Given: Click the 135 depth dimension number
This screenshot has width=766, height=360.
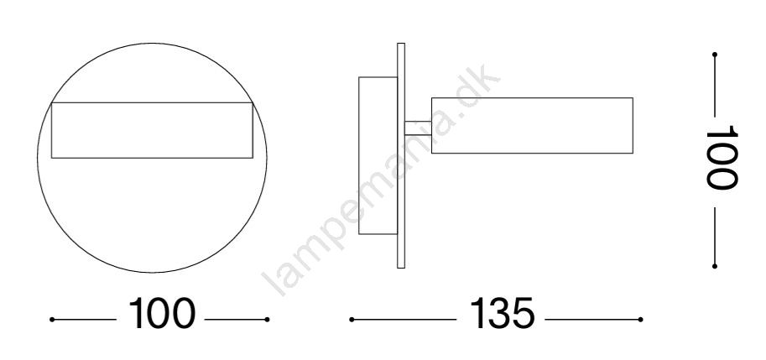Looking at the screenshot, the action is [503, 313].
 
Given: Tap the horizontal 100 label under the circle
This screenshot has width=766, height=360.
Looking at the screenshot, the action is [162, 313].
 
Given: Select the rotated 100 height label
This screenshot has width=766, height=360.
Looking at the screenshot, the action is [721, 157].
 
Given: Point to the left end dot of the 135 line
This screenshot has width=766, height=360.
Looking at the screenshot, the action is [352, 320].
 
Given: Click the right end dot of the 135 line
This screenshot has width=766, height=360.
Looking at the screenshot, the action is [640, 320].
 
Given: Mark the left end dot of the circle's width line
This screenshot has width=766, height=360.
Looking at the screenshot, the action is [52, 320].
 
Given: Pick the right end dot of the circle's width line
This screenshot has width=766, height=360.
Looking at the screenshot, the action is [268, 320].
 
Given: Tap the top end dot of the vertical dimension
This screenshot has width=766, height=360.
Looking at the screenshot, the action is [715, 55].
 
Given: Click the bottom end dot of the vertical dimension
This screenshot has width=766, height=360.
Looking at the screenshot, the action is [715, 266].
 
